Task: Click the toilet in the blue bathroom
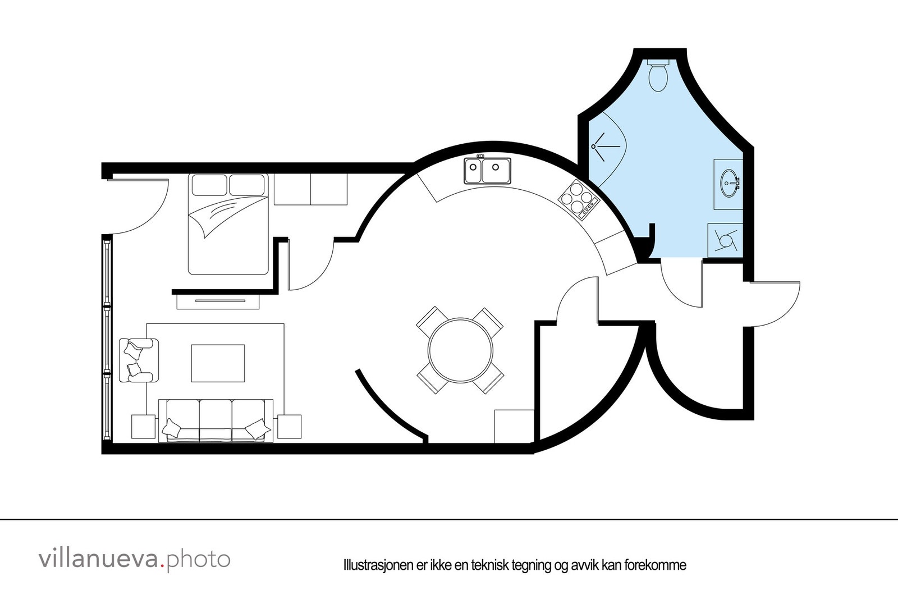coord(658,76)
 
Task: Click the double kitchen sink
coord(487,171)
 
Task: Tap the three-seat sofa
coord(216,420)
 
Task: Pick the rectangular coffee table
coord(218,363)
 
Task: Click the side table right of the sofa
coord(289,427)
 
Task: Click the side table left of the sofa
coord(143,427)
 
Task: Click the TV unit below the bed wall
coord(218,301)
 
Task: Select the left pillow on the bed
coord(209,184)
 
